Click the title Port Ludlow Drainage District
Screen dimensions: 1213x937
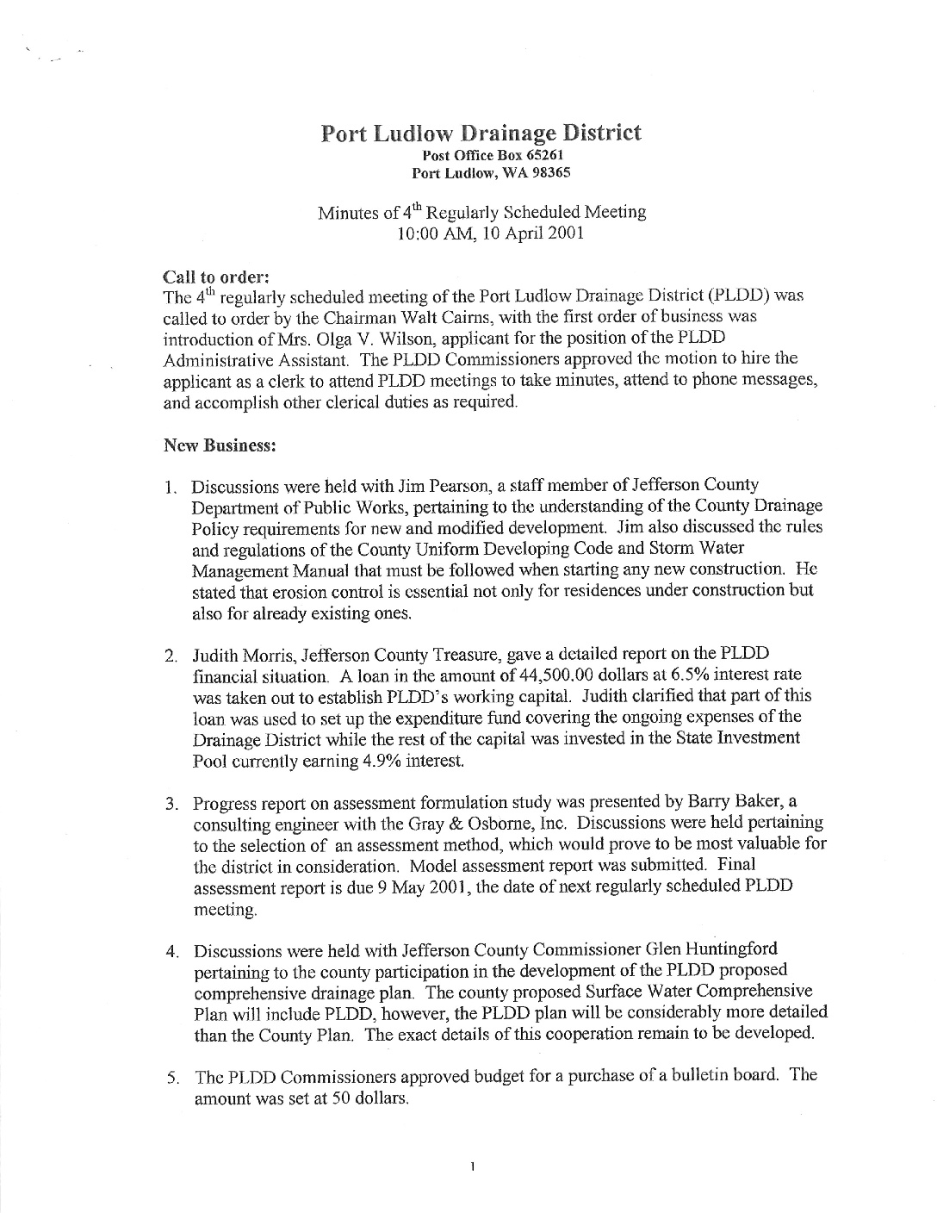pos(481,134)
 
